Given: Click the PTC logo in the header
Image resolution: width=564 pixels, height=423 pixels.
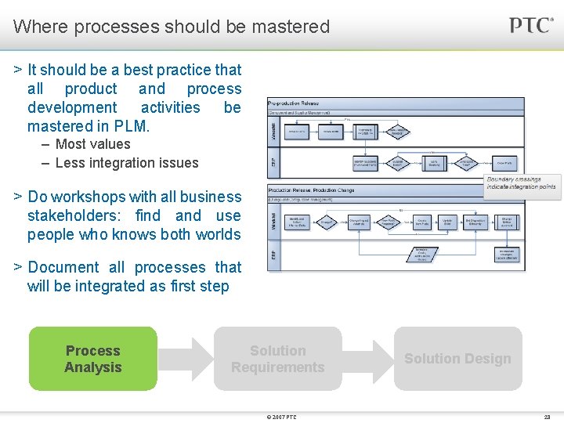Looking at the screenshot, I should tap(531, 25).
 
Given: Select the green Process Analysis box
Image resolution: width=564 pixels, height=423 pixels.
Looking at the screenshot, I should tap(93, 359).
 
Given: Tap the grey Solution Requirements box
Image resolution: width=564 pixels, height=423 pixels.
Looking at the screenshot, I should tap(277, 359).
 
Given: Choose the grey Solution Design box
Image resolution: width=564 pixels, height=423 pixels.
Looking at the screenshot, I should tap(457, 359).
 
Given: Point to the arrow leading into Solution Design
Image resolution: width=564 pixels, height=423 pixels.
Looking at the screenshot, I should tap(367, 359).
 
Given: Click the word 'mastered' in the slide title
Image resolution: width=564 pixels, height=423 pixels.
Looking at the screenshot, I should tap(291, 27).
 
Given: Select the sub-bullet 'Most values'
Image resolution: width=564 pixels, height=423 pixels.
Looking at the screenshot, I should tap(92, 144).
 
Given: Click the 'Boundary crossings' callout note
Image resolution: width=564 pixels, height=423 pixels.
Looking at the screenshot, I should tap(521, 183).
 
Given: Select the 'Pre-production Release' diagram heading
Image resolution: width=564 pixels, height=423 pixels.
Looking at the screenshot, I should tap(294, 103).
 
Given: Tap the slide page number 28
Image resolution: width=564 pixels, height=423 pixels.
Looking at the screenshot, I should tap(547, 417).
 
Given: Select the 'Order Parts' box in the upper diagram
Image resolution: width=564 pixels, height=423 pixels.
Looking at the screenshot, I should tap(505, 164).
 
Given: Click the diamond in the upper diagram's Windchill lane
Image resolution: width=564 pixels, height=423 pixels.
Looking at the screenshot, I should tap(398, 132).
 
